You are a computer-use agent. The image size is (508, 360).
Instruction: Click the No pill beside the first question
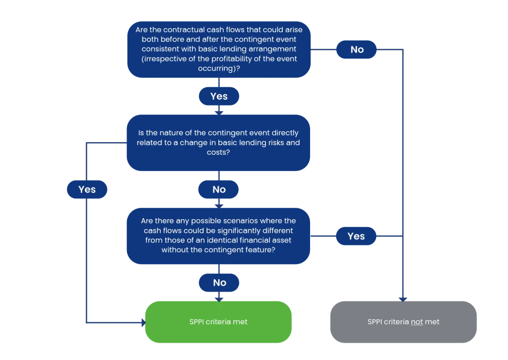click(x=356, y=50)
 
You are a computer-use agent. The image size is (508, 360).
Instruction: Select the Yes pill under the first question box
click(x=219, y=96)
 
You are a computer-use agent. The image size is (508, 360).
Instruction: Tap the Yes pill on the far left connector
click(x=87, y=189)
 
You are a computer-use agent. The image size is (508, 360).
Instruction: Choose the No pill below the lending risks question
click(x=219, y=189)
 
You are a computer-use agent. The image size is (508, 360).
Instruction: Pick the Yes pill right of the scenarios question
click(x=356, y=236)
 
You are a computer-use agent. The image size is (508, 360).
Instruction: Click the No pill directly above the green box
click(x=219, y=283)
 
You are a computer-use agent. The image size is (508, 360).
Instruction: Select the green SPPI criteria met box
click(x=218, y=322)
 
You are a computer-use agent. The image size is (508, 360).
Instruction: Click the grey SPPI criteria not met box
click(x=403, y=322)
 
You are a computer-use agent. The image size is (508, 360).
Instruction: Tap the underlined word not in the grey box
click(x=417, y=322)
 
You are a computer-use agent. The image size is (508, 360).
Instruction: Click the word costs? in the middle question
click(x=218, y=152)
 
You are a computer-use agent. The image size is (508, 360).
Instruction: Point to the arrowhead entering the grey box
click(x=403, y=300)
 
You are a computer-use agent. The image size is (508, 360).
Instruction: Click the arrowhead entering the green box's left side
click(x=143, y=322)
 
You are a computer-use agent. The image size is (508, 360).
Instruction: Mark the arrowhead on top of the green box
click(x=219, y=300)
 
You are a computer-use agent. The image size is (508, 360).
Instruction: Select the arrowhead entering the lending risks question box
click(x=219, y=113)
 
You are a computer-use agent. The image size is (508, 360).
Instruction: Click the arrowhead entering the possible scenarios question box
click(x=219, y=206)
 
